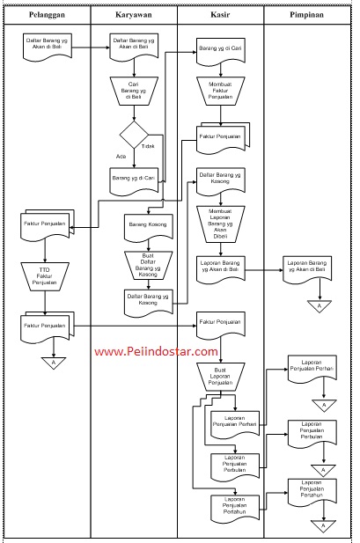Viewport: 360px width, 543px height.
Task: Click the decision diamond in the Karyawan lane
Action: click(x=134, y=135)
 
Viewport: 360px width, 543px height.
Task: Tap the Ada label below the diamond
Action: click(x=121, y=156)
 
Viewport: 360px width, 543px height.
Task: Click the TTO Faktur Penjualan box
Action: click(x=46, y=276)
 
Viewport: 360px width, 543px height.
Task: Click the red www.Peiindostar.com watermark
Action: click(x=156, y=351)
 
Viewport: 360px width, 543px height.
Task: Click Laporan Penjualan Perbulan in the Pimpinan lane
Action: click(x=311, y=431)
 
